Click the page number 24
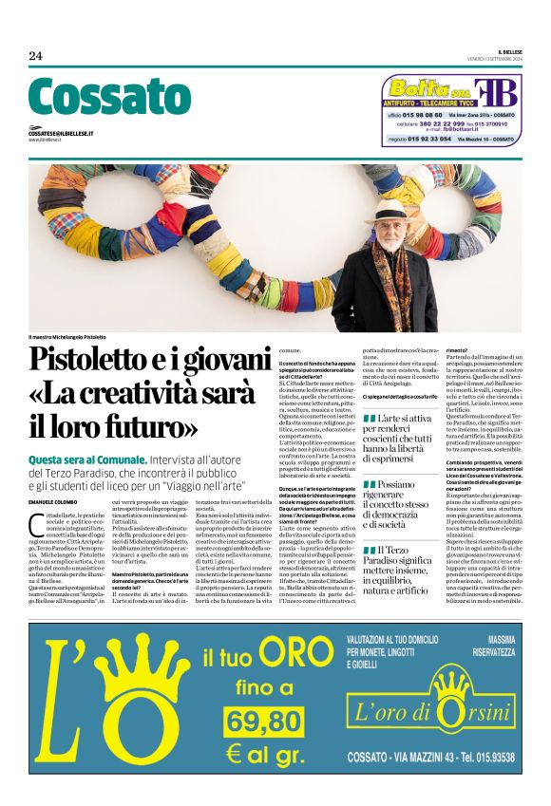pyautogui.click(x=35, y=56)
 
